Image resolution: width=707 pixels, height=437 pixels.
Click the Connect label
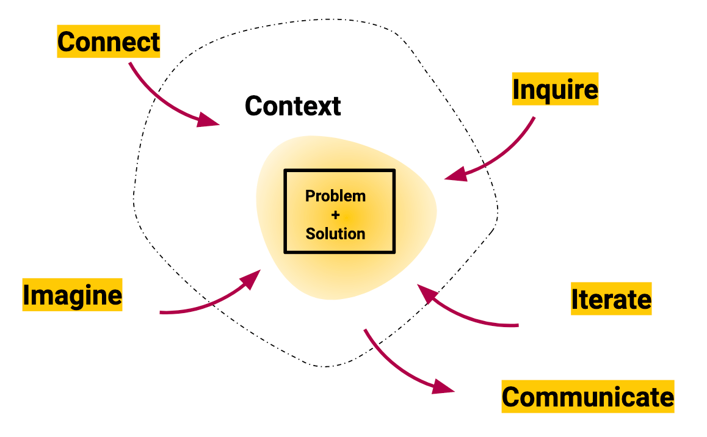108,42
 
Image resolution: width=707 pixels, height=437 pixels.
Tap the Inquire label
555,90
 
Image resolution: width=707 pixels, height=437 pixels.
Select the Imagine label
72,295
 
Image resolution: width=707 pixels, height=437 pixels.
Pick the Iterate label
611,299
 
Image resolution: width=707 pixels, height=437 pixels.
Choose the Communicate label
588,397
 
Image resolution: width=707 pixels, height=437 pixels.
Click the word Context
292,106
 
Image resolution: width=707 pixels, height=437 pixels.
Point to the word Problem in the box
335,196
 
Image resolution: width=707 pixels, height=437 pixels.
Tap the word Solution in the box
335,234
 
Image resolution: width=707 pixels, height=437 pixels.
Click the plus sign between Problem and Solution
335,215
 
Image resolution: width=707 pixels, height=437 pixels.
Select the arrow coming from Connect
159,98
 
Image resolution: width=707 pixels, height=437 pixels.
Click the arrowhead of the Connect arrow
209,119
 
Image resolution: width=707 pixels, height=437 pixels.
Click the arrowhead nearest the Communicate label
444,386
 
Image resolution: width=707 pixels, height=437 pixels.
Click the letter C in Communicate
512,397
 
